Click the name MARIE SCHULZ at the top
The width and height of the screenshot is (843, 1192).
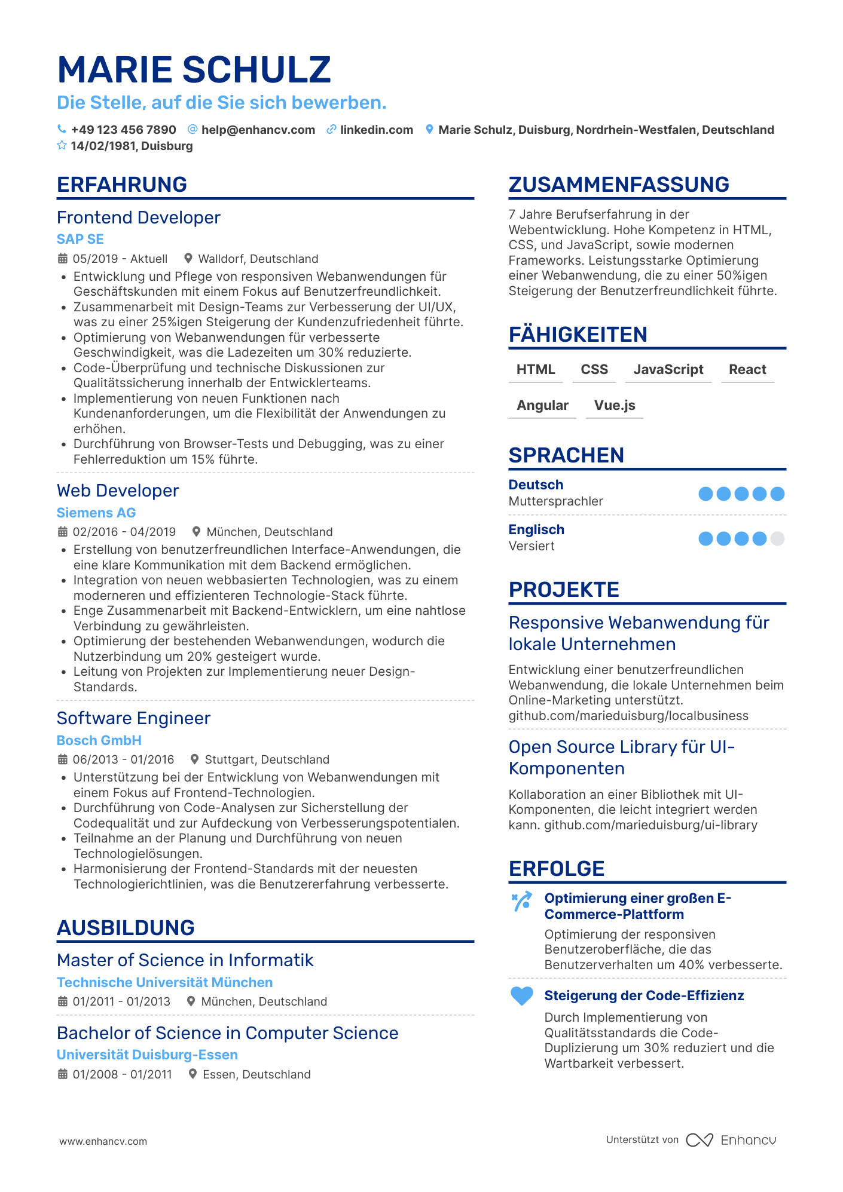click(x=194, y=69)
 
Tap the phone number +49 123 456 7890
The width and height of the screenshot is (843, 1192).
click(x=123, y=130)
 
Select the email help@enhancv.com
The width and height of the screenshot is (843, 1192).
click(x=258, y=130)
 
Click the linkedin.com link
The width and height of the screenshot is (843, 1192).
click(x=376, y=130)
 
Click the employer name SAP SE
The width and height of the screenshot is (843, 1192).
click(x=80, y=239)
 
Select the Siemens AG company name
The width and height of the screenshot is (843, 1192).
click(x=96, y=513)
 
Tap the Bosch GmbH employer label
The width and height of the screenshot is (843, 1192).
click(x=99, y=740)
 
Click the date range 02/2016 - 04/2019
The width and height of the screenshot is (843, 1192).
click(x=124, y=532)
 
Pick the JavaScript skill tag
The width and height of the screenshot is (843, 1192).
click(x=668, y=369)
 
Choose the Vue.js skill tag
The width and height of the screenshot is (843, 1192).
click(x=615, y=405)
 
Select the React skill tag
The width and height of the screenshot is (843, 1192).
click(x=747, y=369)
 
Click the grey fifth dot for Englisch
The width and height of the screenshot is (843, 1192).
click(x=777, y=539)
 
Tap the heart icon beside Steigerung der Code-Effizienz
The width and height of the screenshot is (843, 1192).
click(x=521, y=996)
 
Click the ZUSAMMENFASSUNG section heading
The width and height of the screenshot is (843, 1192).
click(x=619, y=185)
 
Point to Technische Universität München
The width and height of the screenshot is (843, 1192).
click(x=164, y=982)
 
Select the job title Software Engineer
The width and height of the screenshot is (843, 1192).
click(x=133, y=718)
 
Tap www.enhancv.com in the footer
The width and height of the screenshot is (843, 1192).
click(x=103, y=1141)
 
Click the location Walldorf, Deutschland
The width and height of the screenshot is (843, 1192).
click(x=258, y=259)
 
